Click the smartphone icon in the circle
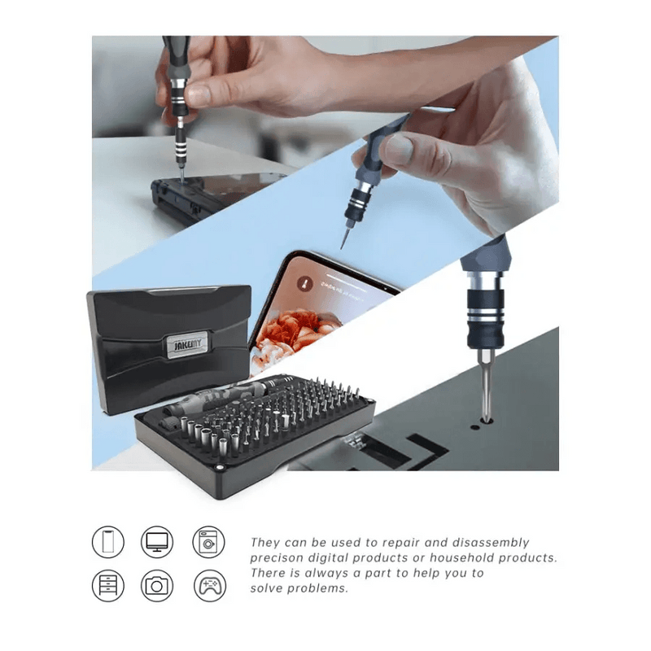click(x=108, y=541)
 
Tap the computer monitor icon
click(x=156, y=541)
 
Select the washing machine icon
click(x=208, y=541)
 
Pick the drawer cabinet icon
click(x=108, y=584)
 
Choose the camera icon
click(x=156, y=584)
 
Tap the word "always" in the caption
click(x=325, y=574)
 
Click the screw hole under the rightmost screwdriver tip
click(x=486, y=421)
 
